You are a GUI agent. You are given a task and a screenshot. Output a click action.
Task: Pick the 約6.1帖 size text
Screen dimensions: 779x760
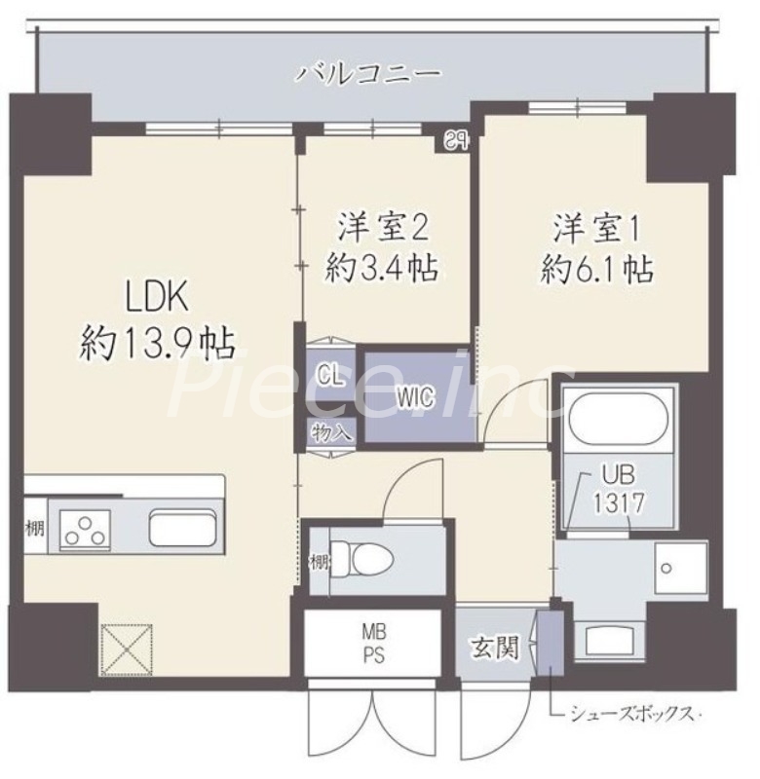pos(596,270)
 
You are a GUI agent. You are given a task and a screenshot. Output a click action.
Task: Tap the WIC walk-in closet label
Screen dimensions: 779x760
pos(414,396)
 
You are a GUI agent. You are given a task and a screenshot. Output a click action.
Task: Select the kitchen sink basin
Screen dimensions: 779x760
pos(183,529)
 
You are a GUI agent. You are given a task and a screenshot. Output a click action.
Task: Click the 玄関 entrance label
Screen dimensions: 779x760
pos(496,645)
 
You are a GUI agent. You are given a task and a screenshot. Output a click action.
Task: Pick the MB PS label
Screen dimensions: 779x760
pos(374,642)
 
